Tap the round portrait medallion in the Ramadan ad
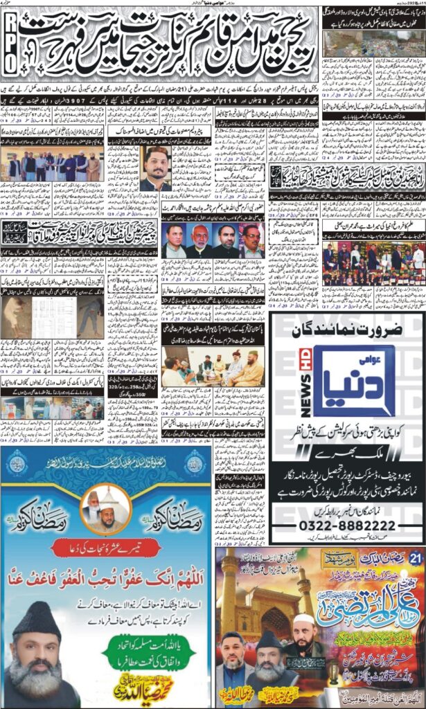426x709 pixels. coord(105,507)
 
